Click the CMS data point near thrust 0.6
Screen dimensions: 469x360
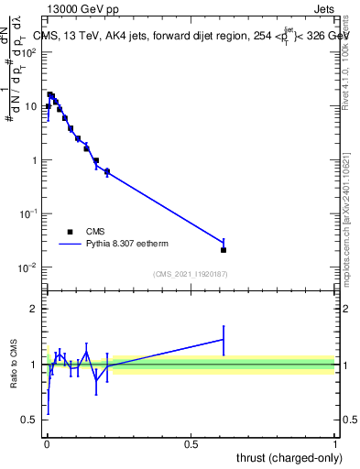pos(224,249)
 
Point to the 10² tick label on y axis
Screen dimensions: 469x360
pos(29,52)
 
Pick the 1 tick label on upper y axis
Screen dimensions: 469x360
pos(35,160)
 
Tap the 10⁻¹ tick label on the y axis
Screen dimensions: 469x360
pos(29,213)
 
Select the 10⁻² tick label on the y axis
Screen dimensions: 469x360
pos(29,267)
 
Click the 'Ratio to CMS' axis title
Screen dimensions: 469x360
pos(13,365)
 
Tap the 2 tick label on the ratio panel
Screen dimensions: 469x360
pos(35,309)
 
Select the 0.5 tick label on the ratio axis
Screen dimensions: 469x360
pos(30,420)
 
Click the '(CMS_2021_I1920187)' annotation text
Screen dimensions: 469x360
pos(191,274)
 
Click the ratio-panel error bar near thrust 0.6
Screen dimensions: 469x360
pos(224,340)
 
